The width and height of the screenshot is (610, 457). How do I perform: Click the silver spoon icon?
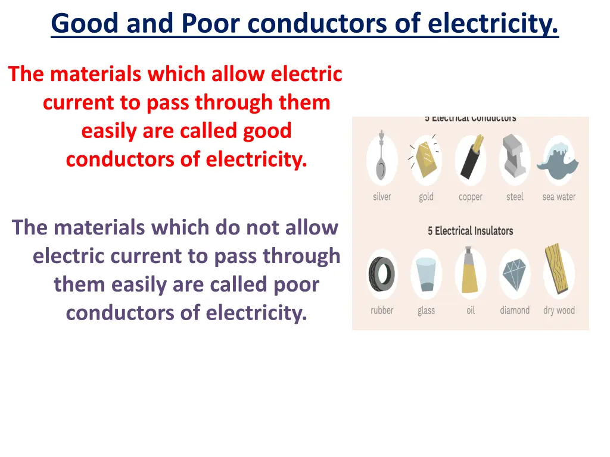pos(382,159)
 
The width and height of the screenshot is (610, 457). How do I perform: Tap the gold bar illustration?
pos(426,159)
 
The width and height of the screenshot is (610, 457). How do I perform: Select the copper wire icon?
pos(471,159)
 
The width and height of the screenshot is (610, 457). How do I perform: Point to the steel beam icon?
pos(514,159)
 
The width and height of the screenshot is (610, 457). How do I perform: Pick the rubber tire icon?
pos(382,274)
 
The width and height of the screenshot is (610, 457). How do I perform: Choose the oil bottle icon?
pos(471,274)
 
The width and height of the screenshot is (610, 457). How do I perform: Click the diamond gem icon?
pos(514,274)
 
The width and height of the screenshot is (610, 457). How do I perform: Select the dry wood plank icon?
pos(559,271)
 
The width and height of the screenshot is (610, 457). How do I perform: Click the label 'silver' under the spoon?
pos(382,197)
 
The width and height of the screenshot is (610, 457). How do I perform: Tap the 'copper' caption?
pos(471,197)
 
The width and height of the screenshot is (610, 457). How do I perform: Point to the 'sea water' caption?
pos(559,197)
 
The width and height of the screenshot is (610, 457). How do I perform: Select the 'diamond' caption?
pos(515,310)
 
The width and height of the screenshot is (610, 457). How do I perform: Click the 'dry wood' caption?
pos(559,310)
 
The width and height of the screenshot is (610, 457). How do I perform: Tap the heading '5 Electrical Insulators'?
pos(470,231)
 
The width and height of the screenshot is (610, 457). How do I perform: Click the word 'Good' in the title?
pos(85,24)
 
